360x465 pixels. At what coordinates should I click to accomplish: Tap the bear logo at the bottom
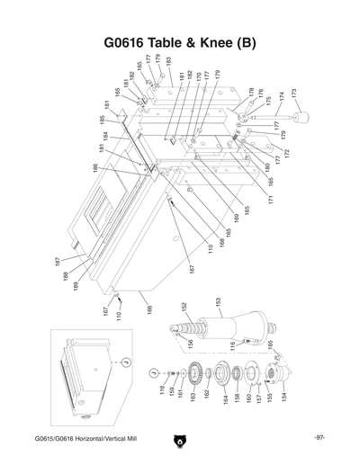tap(180, 441)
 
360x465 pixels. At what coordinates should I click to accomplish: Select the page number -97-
tap(319, 438)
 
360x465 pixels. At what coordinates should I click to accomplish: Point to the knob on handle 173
tap(301, 119)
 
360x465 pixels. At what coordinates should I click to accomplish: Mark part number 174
tap(281, 95)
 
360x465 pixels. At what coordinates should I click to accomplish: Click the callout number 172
tap(287, 154)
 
